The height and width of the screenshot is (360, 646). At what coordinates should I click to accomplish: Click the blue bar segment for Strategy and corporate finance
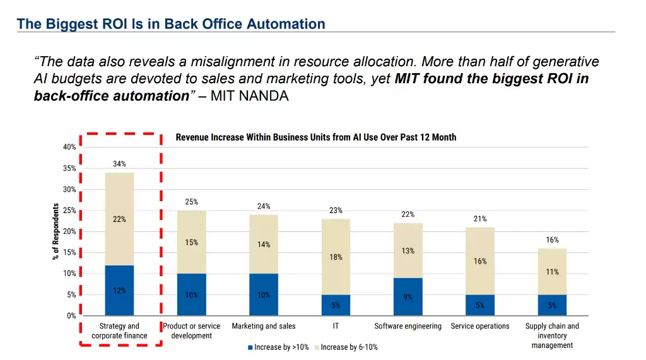point(119,291)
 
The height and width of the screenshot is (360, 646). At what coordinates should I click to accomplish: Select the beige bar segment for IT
point(336,257)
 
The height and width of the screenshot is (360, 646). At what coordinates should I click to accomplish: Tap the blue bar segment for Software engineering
point(408,296)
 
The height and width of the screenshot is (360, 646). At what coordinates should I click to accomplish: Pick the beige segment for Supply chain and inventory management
point(552,272)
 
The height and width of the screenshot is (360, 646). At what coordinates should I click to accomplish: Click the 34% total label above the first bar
point(119,164)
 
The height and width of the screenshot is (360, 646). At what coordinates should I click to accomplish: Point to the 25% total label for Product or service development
point(191,202)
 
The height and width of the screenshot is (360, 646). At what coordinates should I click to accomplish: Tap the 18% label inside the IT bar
point(336,257)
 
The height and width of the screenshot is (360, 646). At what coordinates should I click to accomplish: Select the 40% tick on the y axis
point(69,147)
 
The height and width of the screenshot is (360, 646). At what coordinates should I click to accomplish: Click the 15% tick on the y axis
point(69,253)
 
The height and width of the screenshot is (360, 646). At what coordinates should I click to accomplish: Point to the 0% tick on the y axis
point(71,316)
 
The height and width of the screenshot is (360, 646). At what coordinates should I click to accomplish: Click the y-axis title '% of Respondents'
point(56,231)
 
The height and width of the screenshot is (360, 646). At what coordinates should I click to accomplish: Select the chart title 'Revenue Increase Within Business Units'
point(315,137)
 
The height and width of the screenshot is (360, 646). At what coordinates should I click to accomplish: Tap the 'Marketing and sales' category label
point(264,326)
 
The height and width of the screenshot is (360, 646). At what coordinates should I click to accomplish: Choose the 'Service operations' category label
point(480,326)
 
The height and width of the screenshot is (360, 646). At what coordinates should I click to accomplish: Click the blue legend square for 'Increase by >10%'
point(250,347)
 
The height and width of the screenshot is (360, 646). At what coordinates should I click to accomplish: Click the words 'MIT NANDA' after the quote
point(250,96)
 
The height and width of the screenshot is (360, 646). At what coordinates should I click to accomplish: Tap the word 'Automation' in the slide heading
point(286,24)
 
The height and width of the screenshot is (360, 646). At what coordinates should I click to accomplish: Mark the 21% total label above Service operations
point(480,219)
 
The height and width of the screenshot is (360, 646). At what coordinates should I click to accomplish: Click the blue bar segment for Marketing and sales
point(264,295)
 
